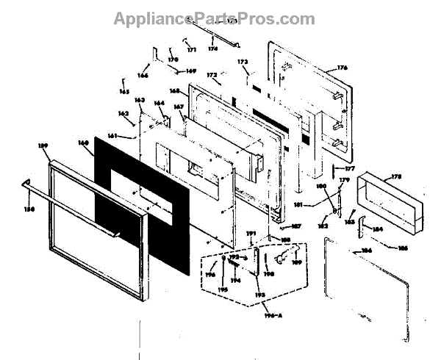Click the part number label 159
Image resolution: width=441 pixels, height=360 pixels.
click(43, 146)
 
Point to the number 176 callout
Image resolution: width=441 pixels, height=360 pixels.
click(342, 68)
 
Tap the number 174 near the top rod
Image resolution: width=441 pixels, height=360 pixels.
click(213, 48)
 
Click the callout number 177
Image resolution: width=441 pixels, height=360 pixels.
click(349, 169)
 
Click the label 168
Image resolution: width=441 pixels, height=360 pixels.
click(174, 91)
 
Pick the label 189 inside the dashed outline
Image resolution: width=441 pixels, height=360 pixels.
click(297, 261)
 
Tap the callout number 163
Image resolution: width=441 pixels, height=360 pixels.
click(140, 100)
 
